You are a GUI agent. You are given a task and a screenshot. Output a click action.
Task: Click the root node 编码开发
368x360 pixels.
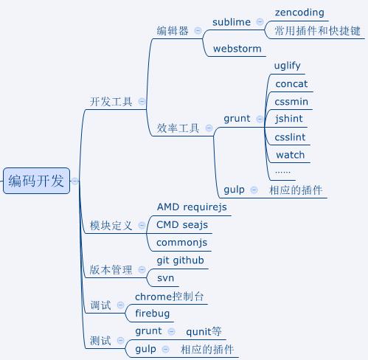click(x=36, y=181)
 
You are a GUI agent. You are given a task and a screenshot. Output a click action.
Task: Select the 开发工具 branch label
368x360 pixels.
click(x=111, y=102)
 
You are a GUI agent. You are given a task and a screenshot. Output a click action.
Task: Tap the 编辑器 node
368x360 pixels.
click(x=173, y=31)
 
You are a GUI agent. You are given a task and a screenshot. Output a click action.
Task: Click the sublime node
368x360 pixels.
click(x=232, y=22)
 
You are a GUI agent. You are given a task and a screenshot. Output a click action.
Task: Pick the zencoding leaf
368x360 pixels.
click(x=299, y=13)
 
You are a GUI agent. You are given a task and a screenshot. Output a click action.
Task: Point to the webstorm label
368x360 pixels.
click(x=237, y=49)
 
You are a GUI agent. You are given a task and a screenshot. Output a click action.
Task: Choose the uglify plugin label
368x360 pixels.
click(x=287, y=66)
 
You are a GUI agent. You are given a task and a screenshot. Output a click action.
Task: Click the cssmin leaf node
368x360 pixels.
click(x=291, y=101)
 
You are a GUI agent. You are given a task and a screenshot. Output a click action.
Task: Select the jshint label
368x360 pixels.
click(x=288, y=119)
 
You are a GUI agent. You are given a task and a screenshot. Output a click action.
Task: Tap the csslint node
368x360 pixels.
click(x=290, y=137)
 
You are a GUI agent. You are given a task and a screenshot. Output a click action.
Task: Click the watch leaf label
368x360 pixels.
click(x=290, y=155)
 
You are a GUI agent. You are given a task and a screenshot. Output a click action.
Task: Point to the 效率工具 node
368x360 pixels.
click(x=178, y=128)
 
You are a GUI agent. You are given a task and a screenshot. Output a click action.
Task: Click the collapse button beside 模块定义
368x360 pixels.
click(x=142, y=226)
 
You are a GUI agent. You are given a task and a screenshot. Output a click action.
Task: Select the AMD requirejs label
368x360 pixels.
click(x=192, y=207)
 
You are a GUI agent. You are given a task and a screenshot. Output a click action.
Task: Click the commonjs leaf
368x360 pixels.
click(x=182, y=242)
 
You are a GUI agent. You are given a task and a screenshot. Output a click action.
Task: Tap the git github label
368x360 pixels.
click(x=181, y=260)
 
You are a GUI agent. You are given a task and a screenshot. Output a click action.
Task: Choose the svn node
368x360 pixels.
click(x=165, y=278)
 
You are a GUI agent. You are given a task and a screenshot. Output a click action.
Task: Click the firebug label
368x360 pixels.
click(x=152, y=314)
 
